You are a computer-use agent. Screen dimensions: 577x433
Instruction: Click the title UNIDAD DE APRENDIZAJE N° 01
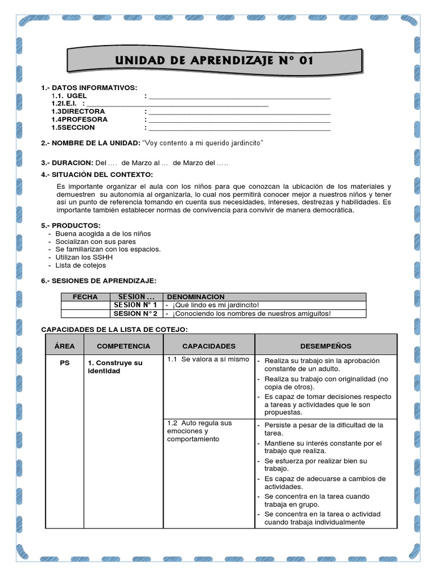214,60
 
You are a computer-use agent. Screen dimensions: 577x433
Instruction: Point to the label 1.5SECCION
73,127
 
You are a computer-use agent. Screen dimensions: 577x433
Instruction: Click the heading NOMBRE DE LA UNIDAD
91,143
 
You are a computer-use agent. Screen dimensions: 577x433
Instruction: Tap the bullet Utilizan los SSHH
84,257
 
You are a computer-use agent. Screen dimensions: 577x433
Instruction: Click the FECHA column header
85,297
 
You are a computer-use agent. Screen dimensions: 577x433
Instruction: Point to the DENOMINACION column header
196,297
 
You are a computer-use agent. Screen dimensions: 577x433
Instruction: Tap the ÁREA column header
64,346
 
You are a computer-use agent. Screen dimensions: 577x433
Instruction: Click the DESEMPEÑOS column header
326,346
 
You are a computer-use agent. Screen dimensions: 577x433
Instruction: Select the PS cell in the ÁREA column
64,363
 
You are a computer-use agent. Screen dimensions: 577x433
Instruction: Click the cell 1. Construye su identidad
115,367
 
